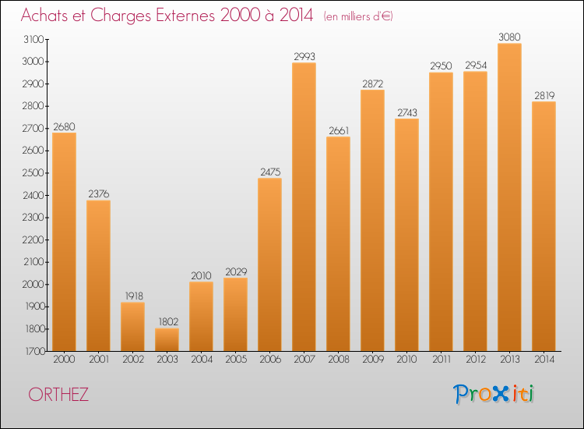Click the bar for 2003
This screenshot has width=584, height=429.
coord(167,339)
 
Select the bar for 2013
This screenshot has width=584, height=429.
coord(509,197)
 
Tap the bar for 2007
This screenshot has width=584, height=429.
coord(304,207)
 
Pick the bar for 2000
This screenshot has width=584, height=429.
coord(64,242)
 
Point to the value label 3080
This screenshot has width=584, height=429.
coord(509,36)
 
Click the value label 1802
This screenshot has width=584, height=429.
coord(167,321)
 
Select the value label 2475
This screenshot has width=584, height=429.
coord(269,171)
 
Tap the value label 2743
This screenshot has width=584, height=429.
coord(406,112)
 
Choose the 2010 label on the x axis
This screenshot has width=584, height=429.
coord(406,360)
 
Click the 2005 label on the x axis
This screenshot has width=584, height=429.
coord(235,360)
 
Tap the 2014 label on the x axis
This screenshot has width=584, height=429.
coord(544,360)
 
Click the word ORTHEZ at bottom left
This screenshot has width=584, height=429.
coord(59,395)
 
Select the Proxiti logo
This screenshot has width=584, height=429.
coord(494,394)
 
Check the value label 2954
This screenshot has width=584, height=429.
coord(475,65)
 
